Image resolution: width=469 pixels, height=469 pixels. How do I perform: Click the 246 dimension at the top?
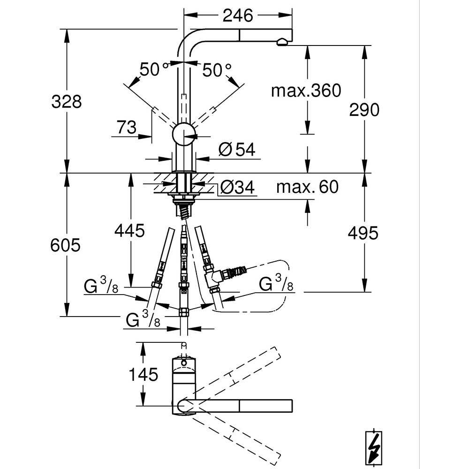point(237,15)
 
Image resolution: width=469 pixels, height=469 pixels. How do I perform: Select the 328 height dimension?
point(66,101)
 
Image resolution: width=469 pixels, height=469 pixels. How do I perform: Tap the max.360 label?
point(306,91)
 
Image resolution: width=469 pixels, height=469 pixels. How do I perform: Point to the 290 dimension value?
point(364,109)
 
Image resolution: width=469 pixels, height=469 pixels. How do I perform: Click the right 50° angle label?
point(217,70)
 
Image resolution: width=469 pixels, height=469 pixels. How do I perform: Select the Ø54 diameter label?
point(236,150)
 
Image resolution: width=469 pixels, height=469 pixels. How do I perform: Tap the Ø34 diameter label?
point(237,188)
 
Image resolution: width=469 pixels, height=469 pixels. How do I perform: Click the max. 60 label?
point(307,187)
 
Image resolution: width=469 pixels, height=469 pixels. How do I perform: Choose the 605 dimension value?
point(66,244)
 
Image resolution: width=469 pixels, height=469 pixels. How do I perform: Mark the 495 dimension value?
point(363,233)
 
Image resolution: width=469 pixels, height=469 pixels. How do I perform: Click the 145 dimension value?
point(144,374)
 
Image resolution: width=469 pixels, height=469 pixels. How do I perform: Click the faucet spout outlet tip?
point(282,43)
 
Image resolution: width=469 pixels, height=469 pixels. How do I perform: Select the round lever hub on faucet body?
point(184,136)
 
